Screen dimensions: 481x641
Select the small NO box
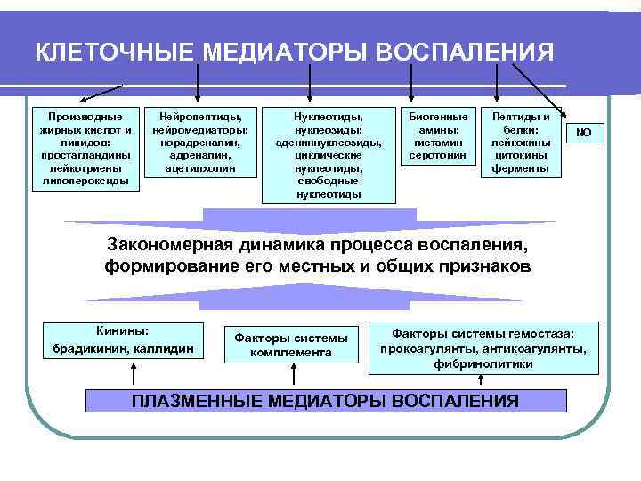[x=584, y=133]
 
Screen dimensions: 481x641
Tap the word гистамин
[x=437, y=142]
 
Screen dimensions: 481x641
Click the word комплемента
[x=291, y=353]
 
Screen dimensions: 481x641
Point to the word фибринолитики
[x=483, y=363]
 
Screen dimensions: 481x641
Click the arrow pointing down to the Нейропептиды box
[x=197, y=87]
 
